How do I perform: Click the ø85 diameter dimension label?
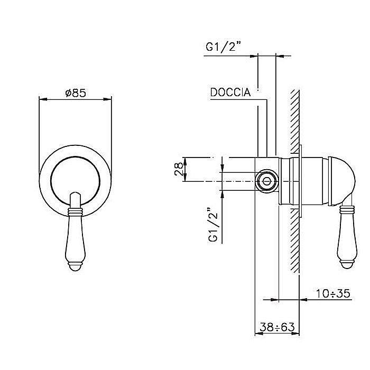coord(76,93)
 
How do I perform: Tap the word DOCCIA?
coord(230,92)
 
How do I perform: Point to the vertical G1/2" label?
coord(214,225)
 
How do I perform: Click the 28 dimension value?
coord(179,169)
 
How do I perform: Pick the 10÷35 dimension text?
coord(333,293)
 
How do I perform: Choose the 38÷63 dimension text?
coord(277,327)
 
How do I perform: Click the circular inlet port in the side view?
coord(267,181)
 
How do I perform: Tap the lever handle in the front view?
coord(75,232)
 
